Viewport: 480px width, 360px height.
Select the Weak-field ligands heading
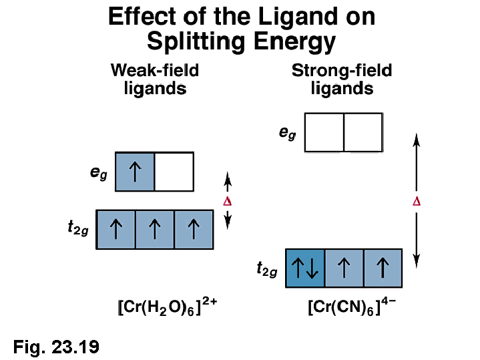(155, 79)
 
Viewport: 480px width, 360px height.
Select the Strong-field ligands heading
(342, 79)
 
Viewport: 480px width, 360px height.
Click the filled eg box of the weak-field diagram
(135, 172)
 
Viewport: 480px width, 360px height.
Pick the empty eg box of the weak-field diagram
(174, 172)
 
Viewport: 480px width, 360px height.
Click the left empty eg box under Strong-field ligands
(324, 132)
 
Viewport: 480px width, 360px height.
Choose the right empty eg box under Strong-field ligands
(363, 132)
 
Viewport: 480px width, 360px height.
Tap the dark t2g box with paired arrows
(305, 268)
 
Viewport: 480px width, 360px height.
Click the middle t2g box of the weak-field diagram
(155, 230)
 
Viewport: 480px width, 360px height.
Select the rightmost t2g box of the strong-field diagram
(383, 268)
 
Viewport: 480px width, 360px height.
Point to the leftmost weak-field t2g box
(115, 230)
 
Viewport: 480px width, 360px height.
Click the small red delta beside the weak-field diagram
(227, 201)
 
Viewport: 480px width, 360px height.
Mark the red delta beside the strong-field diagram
(417, 201)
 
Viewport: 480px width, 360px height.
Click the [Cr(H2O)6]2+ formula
(168, 309)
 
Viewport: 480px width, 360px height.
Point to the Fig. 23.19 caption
(56, 346)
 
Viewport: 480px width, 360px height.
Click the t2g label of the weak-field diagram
(78, 228)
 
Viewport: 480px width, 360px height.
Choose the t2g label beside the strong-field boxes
(267, 269)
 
